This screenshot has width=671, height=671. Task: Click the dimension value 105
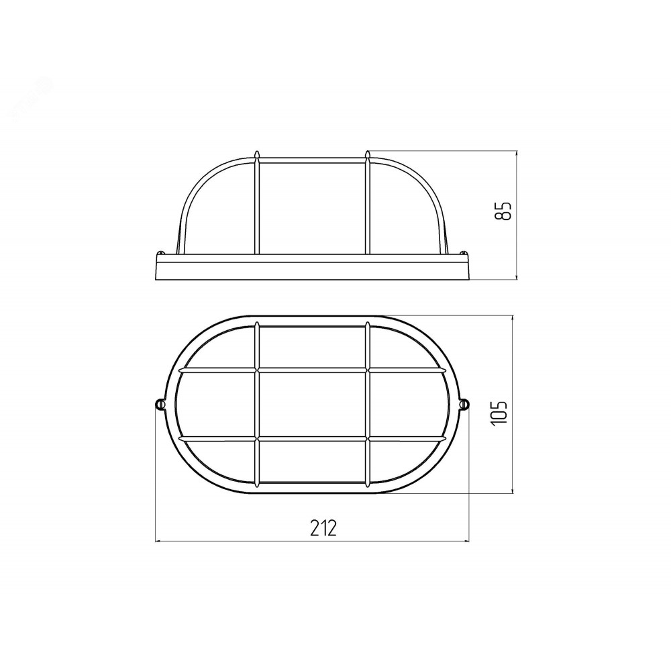499,412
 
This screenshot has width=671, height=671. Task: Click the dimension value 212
323,528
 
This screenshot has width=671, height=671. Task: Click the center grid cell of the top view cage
312,404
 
